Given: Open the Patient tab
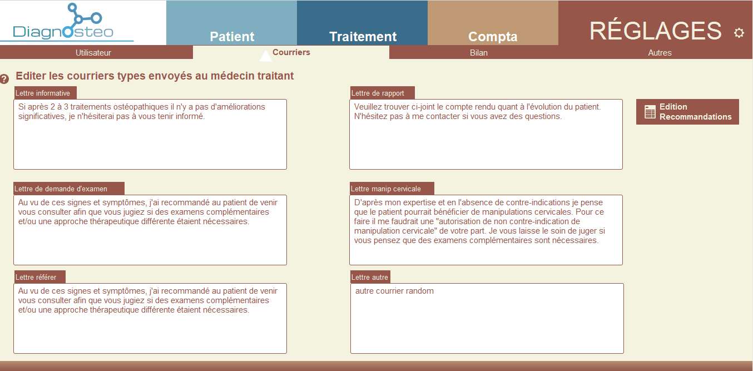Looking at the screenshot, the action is click(231, 23).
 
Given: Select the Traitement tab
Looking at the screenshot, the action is click(363, 23).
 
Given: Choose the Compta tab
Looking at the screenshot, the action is click(493, 23).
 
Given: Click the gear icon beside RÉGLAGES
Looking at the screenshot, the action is click(739, 33).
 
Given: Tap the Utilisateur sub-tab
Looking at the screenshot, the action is click(93, 53).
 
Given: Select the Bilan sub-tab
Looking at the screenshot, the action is click(478, 53).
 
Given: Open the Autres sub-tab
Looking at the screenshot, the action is click(660, 53).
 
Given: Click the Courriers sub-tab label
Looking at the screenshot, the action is click(291, 52).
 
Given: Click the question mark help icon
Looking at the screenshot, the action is click(4, 79).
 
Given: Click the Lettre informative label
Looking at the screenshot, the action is click(43, 93).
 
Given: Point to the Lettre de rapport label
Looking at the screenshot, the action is click(378, 93).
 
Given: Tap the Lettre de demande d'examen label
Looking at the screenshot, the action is click(61, 189).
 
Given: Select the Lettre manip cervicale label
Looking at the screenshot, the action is click(385, 189).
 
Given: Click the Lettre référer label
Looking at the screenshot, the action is click(36, 277).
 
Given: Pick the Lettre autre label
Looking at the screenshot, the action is click(369, 277).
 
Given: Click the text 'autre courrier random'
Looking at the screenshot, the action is click(394, 291).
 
